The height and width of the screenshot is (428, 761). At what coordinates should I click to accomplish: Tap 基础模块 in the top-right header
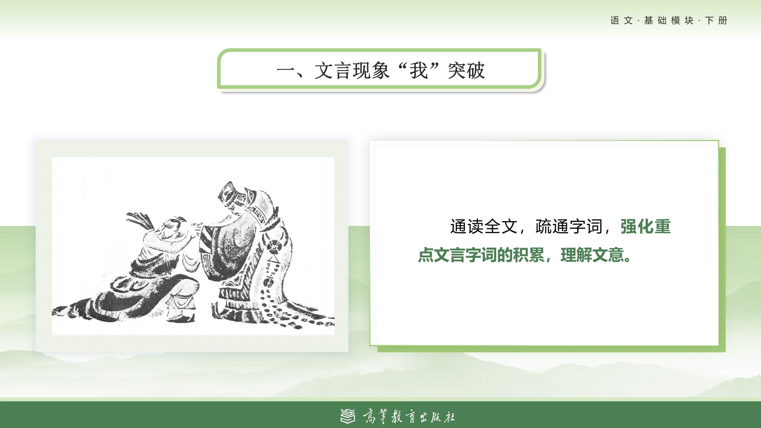(x=669, y=21)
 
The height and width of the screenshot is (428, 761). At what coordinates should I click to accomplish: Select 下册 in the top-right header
(x=717, y=21)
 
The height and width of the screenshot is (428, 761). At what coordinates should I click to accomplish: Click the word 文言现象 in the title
(x=352, y=71)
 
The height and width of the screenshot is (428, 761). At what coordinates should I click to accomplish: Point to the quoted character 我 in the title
(x=419, y=71)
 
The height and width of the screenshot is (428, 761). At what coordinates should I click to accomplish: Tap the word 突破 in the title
(x=467, y=71)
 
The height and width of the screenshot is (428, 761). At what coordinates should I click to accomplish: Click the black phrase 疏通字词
(x=569, y=227)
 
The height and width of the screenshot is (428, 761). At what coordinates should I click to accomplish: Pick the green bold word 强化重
(x=645, y=227)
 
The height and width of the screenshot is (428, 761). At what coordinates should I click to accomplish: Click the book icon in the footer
(x=348, y=416)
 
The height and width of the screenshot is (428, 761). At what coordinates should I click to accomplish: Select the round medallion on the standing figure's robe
(x=273, y=246)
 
